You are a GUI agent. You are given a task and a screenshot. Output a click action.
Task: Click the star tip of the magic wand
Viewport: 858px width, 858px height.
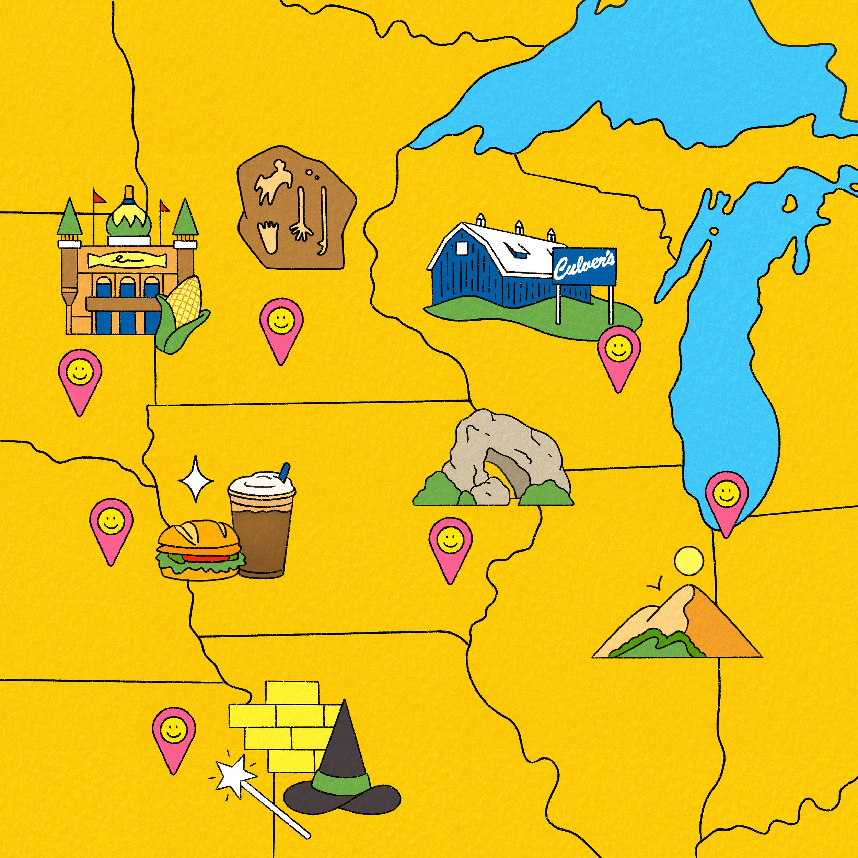point(234,775)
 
